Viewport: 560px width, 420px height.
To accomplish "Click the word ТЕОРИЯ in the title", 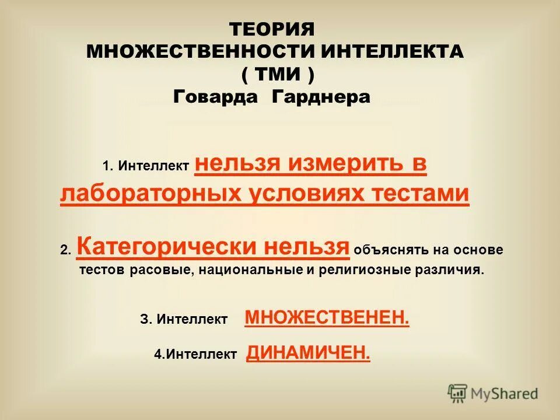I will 272,29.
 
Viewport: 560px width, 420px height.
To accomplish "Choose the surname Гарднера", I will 321,97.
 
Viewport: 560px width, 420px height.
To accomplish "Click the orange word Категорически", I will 167,247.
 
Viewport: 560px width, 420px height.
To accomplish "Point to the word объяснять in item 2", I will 392,250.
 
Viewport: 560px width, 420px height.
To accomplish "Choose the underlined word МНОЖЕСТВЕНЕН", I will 327,318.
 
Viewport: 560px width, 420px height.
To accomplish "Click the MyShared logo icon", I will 458,393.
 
